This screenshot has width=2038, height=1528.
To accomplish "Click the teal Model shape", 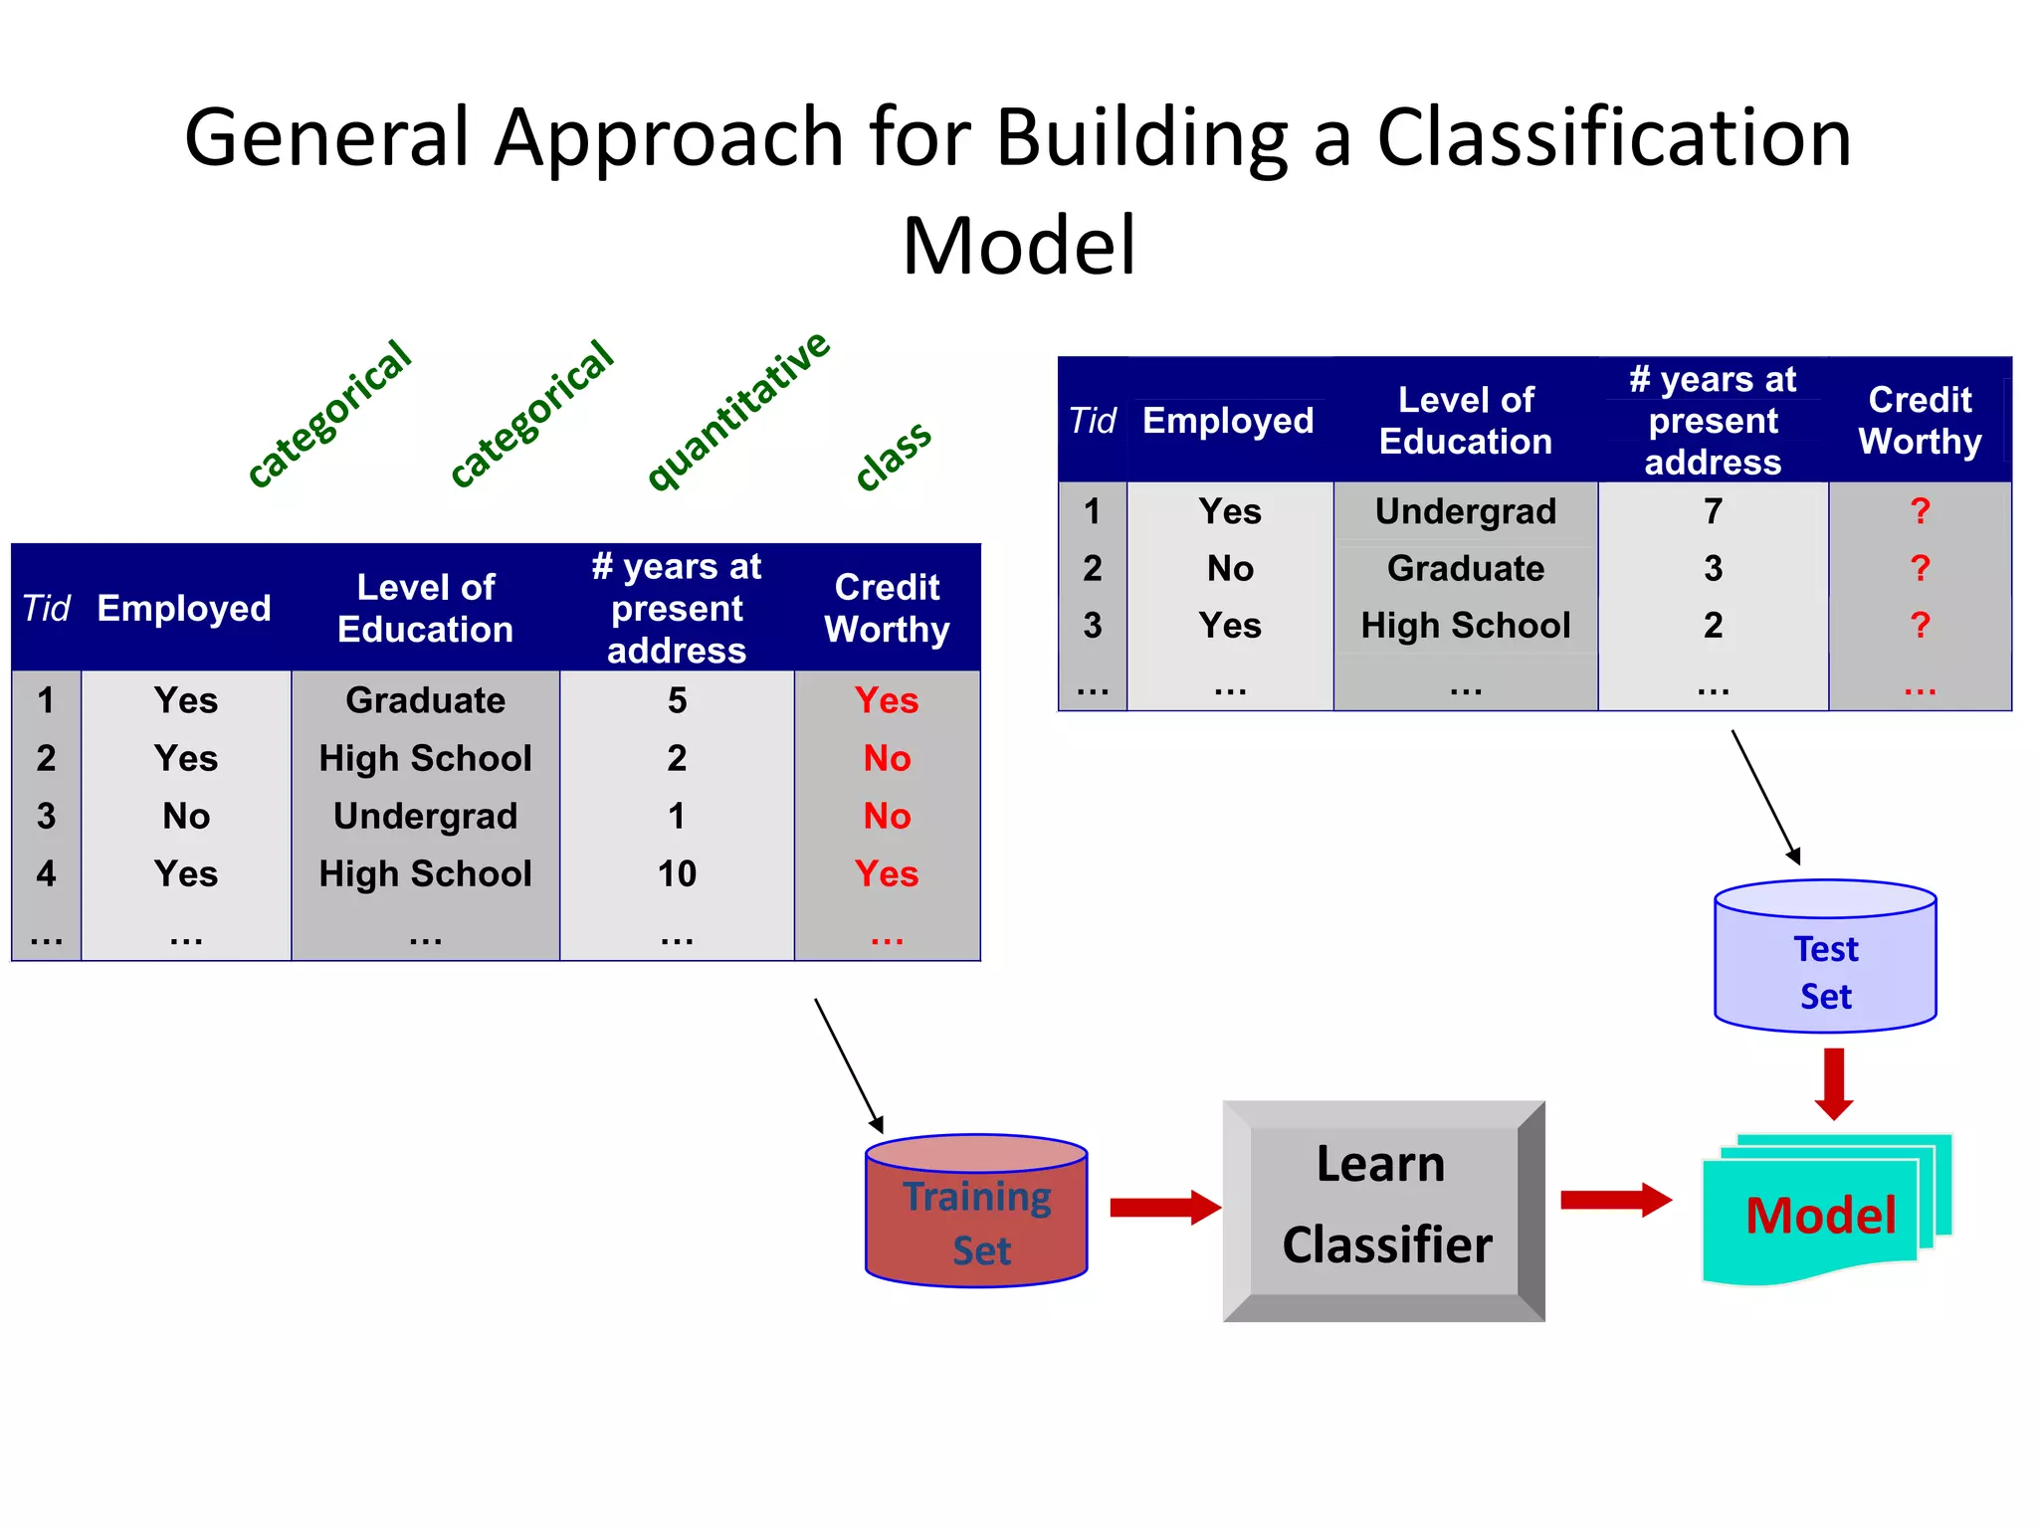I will pyautogui.click(x=1821, y=1215).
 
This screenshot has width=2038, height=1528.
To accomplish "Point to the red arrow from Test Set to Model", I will pyautogui.click(x=1834, y=1082).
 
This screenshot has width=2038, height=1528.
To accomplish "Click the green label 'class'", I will pyautogui.click(x=893, y=455).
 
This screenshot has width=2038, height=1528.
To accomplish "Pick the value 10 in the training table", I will pyautogui.click(x=677, y=873).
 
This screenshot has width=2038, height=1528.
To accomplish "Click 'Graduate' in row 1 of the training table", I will pyautogui.click(x=425, y=700).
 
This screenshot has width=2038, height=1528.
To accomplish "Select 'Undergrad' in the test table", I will pyautogui.click(x=1465, y=511).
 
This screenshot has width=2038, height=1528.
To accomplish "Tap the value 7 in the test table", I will pyautogui.click(x=1713, y=511).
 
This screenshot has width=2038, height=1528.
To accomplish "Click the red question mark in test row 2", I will pyautogui.click(x=1920, y=568).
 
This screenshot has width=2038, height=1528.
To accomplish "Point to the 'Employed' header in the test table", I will pyautogui.click(x=1228, y=421).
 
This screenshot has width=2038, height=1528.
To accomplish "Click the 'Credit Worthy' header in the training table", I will pyautogui.click(x=887, y=608).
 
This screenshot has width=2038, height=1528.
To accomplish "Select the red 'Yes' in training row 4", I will pyautogui.click(x=887, y=873).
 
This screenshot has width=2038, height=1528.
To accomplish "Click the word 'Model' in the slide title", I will pyautogui.click(x=1018, y=245).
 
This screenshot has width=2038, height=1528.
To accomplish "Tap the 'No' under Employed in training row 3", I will pyautogui.click(x=186, y=816).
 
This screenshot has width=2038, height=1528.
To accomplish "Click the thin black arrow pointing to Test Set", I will pyautogui.click(x=1765, y=797).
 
